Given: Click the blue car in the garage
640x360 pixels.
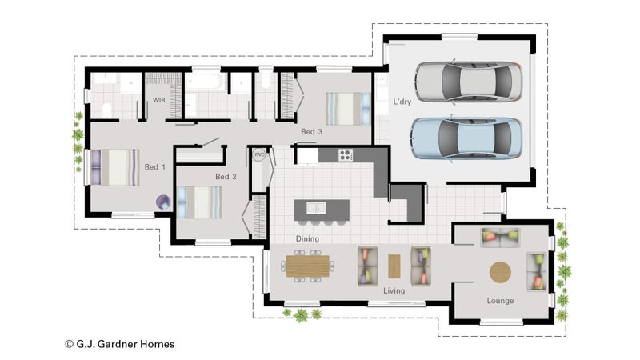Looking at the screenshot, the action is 466,138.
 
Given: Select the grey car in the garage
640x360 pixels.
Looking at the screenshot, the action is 469,82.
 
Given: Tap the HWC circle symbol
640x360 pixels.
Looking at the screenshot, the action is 258,154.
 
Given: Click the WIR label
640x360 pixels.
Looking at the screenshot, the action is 158,100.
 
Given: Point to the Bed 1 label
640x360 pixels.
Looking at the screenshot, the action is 154,167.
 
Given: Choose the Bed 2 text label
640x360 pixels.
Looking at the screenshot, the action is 226,177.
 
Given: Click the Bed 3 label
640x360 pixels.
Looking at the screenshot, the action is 311,132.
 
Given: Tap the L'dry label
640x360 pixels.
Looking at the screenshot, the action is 402,102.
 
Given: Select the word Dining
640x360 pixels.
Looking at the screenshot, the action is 307,238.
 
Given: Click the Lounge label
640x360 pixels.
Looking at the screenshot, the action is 500,301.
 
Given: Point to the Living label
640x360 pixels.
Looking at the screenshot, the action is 394,290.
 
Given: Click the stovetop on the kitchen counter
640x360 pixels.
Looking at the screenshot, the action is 346,155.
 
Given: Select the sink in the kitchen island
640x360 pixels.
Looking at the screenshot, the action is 316,208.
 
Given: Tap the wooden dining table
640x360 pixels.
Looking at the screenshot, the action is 308,266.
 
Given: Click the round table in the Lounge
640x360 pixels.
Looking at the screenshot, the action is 500,272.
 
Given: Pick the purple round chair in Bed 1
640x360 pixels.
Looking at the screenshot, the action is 163,202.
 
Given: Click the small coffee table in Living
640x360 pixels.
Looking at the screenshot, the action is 394,266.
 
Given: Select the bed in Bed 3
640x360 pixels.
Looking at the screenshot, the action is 348,109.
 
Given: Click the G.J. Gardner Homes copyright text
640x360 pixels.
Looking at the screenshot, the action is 120,345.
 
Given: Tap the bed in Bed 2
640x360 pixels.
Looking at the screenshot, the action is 199,202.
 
